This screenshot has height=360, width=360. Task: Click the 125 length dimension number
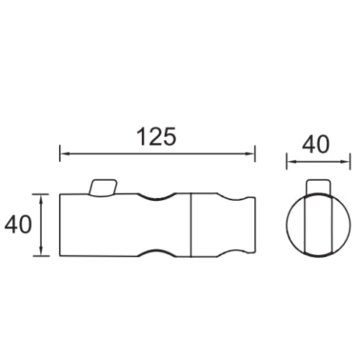tap(156, 137)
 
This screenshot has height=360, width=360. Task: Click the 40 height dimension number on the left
tap(18, 224)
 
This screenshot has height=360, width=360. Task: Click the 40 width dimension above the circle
tap(316, 145)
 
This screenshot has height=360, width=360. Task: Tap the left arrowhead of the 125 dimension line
tap(64, 153)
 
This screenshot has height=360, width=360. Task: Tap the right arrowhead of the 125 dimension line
tap(251, 153)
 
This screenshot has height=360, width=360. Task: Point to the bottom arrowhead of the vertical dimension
tap(42, 251)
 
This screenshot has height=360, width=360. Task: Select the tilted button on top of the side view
tap(103, 187)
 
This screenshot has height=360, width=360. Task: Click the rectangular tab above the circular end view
tap(318, 186)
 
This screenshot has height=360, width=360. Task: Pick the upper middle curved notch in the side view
tap(156, 198)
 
